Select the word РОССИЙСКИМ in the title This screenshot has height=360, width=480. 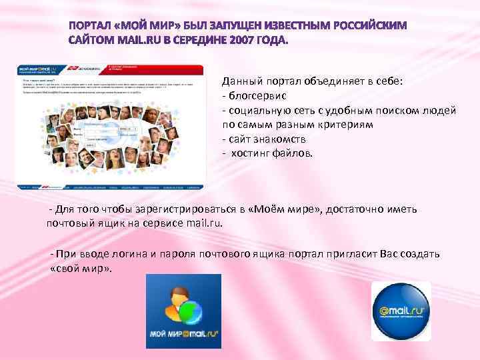point(365,25)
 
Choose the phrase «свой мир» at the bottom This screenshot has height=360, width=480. point(81,269)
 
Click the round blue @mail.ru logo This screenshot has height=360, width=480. point(401,312)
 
